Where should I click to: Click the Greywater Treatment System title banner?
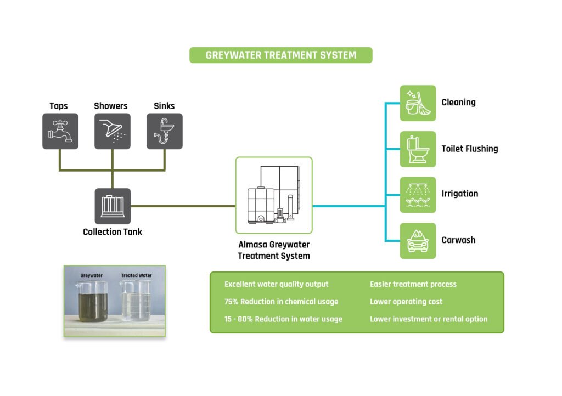(280, 55)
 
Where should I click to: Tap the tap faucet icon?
(60, 131)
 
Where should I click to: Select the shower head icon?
(112, 131)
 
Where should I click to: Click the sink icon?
(164, 131)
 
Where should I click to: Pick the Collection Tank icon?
(113, 206)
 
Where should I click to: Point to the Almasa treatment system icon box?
(273, 195)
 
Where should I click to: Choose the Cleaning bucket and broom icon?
(418, 103)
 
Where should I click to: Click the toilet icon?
(418, 149)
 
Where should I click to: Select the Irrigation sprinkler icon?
(418, 195)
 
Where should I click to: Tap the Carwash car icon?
(418, 240)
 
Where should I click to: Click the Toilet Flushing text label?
(470, 149)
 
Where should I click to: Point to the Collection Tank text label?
(113, 232)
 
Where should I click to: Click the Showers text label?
(111, 106)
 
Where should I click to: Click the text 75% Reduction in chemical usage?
(281, 302)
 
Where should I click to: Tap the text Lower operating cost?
(406, 302)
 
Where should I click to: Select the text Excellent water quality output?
(277, 284)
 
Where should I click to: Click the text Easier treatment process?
(413, 284)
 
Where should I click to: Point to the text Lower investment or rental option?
(429, 319)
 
